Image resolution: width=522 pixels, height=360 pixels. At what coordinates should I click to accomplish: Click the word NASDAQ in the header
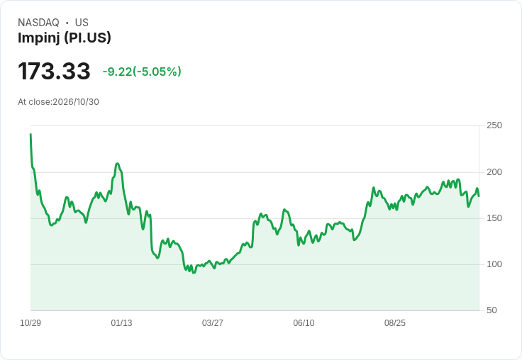tap(38, 23)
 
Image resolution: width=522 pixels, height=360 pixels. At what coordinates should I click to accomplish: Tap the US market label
tap(82, 23)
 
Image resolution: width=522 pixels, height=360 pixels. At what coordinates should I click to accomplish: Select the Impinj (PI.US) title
tap(65, 38)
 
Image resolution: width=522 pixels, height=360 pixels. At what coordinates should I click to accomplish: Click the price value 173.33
tap(54, 71)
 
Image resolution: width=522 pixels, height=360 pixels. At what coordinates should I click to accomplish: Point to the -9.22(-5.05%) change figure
tap(142, 72)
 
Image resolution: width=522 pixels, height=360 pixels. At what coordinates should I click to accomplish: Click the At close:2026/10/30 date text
tap(58, 102)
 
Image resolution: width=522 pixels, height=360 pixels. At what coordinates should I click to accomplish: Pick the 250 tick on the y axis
tap(494, 125)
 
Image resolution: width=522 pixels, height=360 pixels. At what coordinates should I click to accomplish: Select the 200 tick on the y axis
tap(494, 172)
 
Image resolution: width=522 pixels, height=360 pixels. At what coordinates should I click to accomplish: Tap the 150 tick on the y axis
tap(494, 218)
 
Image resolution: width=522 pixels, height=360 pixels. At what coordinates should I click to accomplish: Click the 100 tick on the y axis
tap(494, 264)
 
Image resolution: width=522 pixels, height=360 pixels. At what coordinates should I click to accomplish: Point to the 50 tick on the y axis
tap(492, 310)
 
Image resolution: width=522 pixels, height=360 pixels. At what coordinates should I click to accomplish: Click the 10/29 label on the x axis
tap(30, 323)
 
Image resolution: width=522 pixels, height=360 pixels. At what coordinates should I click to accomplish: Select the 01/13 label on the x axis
tap(121, 323)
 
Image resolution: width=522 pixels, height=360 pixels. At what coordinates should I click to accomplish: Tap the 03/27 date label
tap(213, 323)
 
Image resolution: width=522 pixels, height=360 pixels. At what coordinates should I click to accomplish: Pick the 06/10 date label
tap(304, 323)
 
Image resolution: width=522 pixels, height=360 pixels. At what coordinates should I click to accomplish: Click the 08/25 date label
tap(395, 323)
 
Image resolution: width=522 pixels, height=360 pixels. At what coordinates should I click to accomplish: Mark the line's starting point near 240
tap(30, 135)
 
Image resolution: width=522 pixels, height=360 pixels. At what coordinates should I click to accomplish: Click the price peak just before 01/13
tap(117, 164)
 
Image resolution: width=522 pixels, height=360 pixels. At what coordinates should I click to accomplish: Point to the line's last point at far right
tap(479, 196)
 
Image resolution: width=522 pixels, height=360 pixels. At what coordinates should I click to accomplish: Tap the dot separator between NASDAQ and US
tap(67, 23)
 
